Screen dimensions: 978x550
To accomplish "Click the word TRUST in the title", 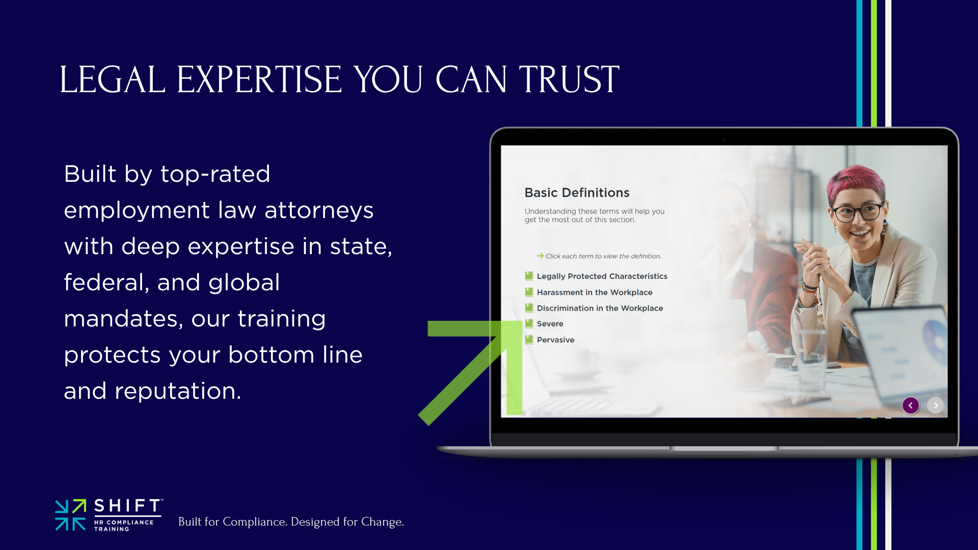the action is [569, 79].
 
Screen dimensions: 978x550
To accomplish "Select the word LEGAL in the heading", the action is [112, 79].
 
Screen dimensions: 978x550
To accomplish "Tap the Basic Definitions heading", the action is [577, 193].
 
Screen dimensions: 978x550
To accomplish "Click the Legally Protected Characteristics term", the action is [602, 276].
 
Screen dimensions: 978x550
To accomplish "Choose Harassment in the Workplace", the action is [594, 292].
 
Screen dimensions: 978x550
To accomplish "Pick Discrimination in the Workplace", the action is [600, 308].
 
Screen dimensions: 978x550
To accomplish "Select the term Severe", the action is [550, 324].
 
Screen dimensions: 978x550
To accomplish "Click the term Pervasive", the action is [555, 340].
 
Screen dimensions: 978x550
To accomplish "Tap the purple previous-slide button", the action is [911, 405].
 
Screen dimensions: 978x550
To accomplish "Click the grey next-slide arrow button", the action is [935, 405].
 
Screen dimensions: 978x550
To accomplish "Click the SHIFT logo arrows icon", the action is [70, 515].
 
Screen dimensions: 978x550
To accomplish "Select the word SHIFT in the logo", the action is [128, 506].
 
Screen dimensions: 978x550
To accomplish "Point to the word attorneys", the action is [319, 210].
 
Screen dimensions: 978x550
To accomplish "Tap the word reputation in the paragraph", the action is [177, 392].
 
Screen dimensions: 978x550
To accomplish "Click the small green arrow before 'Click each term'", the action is [540, 256].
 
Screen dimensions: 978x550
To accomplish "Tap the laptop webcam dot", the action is [723, 139].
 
